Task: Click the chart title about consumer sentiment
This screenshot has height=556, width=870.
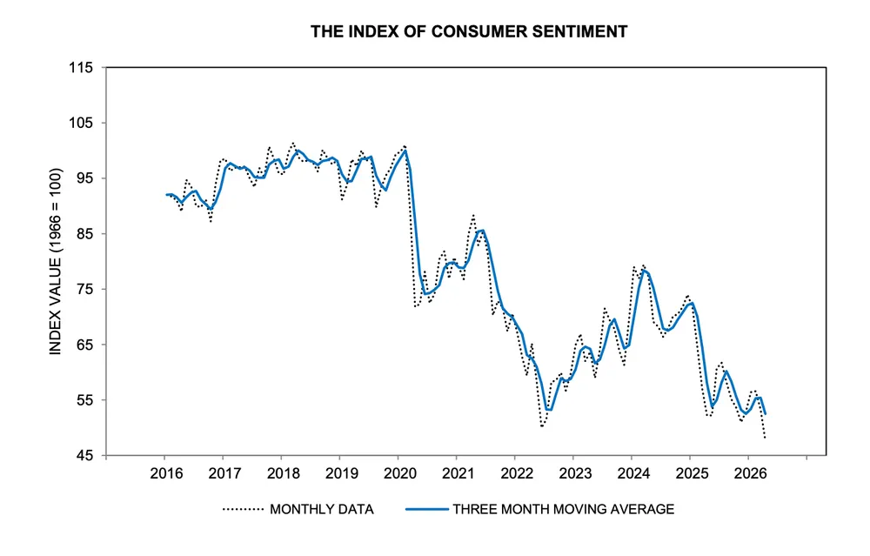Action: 469,32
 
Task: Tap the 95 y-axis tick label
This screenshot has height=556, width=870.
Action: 86,178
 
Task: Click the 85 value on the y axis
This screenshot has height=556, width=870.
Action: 86,234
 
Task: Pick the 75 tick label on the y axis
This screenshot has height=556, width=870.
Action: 86,289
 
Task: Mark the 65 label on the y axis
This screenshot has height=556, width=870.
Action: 86,345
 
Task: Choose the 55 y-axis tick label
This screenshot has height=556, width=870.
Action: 86,400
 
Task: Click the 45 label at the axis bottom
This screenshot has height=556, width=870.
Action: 86,455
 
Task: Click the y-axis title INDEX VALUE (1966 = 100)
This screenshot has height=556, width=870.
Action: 55,261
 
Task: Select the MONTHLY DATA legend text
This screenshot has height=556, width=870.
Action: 322,509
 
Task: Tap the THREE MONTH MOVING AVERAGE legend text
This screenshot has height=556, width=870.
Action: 563,509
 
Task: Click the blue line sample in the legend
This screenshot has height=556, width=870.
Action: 424,509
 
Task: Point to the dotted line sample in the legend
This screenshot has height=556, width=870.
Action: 244,509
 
